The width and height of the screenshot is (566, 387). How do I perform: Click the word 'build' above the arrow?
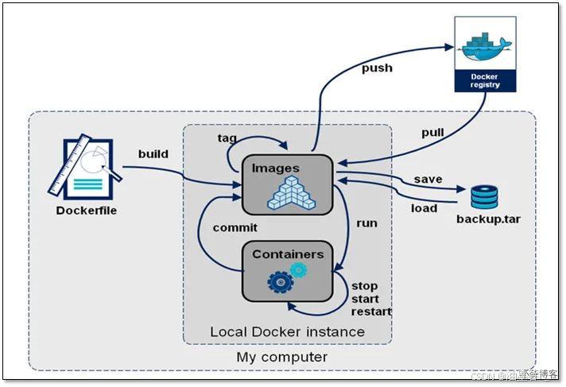pos(153,153)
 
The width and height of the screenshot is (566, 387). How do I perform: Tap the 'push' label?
pos(377,68)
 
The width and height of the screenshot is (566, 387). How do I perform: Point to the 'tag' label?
pos(227,137)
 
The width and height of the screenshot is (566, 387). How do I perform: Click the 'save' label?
pos(428,179)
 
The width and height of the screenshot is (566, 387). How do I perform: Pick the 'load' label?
pos(424,208)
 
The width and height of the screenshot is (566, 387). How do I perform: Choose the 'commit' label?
pos(235,227)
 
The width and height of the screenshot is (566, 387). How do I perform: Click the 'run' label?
pos(366,223)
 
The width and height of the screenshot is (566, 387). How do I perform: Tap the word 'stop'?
pos(365,286)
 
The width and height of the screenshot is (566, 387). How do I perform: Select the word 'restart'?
pos(372,312)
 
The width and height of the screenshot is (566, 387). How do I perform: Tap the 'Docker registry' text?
pos(485,80)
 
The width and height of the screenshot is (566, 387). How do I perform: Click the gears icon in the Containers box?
pos(287,277)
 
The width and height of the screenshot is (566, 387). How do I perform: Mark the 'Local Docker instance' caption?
pos(287,331)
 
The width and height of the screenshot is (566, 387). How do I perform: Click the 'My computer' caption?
pos(281,357)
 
